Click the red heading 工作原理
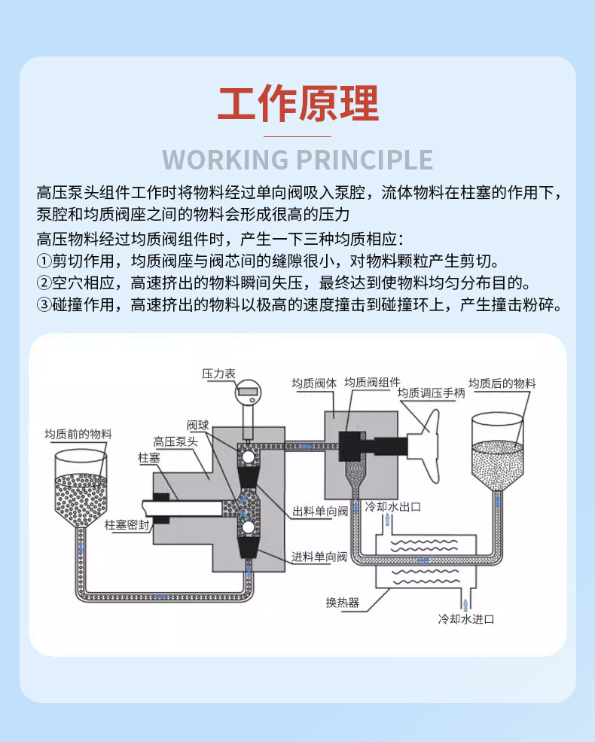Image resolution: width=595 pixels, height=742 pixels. coord(297,104)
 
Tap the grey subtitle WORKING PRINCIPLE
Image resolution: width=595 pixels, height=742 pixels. coord(297,160)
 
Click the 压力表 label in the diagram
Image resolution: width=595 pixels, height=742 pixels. coord(218,374)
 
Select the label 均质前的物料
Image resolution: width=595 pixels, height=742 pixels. coord(78,435)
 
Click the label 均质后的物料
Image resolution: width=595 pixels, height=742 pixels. coord(502,383)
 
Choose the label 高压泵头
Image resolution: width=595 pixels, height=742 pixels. coord(175,442)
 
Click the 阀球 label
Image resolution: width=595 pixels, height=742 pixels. coord(198,425)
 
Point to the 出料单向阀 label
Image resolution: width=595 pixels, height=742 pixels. coord(320,511)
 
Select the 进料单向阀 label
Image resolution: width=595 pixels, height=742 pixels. coord(320,557)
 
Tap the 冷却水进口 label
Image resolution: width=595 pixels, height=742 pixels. coord(467,620)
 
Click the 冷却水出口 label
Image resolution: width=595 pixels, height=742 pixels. coord(392,506)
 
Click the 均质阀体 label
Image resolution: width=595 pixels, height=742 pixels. coord(315,383)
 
